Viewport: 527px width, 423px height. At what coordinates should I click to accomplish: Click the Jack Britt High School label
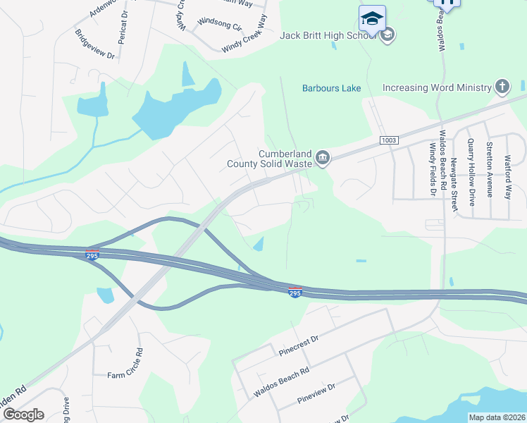pyautogui.click(x=328, y=35)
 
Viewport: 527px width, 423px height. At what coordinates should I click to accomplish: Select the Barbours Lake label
pyautogui.click(x=331, y=88)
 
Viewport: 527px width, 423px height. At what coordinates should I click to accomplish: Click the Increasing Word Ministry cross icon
pyautogui.click(x=502, y=87)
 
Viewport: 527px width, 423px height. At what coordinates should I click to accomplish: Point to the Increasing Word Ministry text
pyautogui.click(x=436, y=88)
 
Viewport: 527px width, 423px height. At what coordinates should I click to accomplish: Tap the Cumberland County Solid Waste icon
pyautogui.click(x=323, y=157)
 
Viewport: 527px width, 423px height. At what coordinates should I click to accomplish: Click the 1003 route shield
pyautogui.click(x=388, y=140)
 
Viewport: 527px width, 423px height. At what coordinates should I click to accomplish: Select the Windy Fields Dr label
pyautogui.click(x=432, y=170)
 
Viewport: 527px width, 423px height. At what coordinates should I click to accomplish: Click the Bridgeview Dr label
pyautogui.click(x=94, y=44)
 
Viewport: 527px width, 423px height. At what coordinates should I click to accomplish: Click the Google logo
pyautogui.click(x=23, y=415)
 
